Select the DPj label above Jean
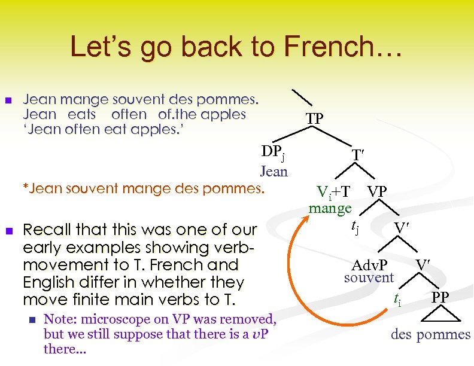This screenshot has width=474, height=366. coord(272,153)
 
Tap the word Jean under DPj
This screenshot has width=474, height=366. coord(274,172)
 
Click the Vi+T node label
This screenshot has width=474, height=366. coord(333,192)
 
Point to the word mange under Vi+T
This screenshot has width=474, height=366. coord(330,209)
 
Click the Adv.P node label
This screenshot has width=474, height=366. coord(369,264)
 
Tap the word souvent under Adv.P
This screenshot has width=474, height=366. coord(369,277)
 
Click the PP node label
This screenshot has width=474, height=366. coord(440,296)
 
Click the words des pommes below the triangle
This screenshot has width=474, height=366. coord(430,334)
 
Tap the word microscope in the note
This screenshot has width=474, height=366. coord(114,319)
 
